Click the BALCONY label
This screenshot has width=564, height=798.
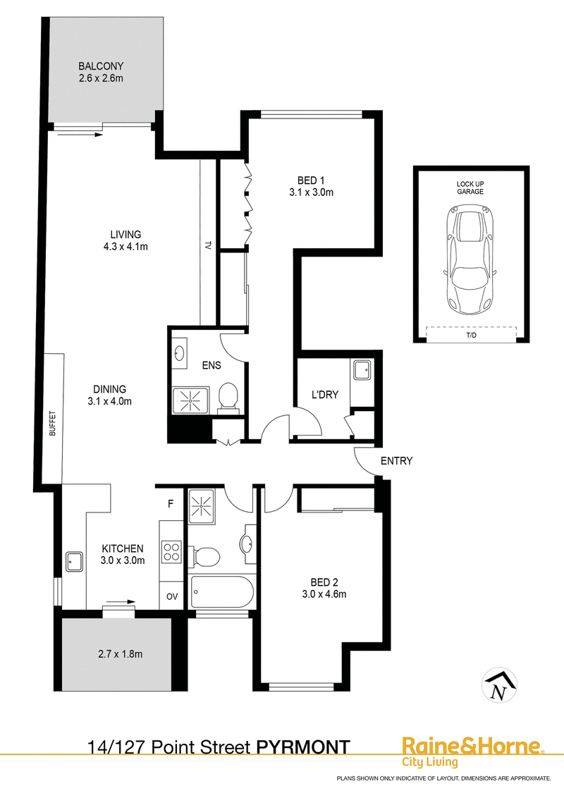pyautogui.click(x=101, y=66)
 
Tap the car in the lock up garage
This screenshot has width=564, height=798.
pyautogui.click(x=470, y=259)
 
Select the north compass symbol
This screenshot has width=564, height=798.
pyautogui.click(x=499, y=685)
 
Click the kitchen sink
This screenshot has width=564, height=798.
pyautogui.click(x=74, y=561)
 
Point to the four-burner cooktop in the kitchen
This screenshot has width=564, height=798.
pyautogui.click(x=171, y=552)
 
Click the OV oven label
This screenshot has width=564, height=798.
pyautogui.click(x=172, y=596)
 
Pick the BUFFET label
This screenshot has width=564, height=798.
pyautogui.click(x=52, y=424)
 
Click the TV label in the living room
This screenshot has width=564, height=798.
pyautogui.click(x=208, y=245)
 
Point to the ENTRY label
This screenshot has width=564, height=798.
pyautogui.click(x=396, y=460)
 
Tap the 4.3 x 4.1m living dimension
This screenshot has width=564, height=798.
pyautogui.click(x=125, y=247)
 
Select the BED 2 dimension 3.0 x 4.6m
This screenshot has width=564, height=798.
pyautogui.click(x=324, y=594)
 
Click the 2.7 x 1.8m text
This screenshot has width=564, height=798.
pyautogui.click(x=120, y=654)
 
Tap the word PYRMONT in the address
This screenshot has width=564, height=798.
pyautogui.click(x=303, y=747)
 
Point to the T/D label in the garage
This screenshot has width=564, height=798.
pyautogui.click(x=472, y=336)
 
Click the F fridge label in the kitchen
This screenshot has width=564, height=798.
pyautogui.click(x=171, y=504)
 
